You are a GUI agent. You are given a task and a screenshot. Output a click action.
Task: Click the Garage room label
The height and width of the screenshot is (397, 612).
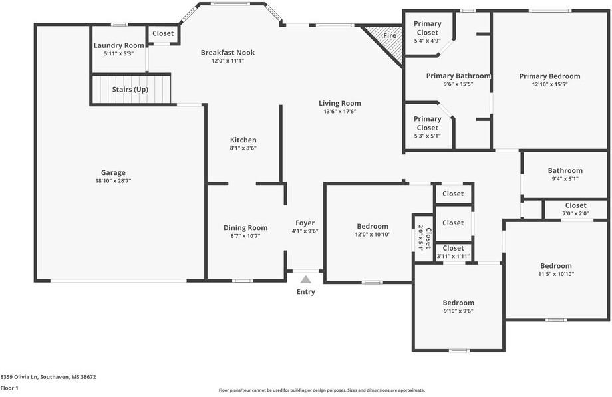pyautogui.click(x=113, y=172)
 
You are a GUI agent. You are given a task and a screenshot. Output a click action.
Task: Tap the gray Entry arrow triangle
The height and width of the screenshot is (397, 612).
pyautogui.click(x=305, y=279)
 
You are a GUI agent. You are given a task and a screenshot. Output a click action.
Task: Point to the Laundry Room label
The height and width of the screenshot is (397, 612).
pyautogui.click(x=118, y=45)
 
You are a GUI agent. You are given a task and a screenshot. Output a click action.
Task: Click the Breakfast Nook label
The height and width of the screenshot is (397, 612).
pyautogui.click(x=228, y=53)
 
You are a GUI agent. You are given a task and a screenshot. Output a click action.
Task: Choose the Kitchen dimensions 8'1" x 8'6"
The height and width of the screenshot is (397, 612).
pyautogui.click(x=243, y=148)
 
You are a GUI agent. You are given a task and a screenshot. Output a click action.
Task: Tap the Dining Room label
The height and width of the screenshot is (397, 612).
pyautogui.click(x=245, y=228)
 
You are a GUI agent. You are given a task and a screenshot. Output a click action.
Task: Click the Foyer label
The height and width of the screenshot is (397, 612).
pyautogui.click(x=305, y=223)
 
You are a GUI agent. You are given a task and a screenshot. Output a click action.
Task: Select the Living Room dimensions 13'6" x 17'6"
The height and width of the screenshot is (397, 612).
pyautogui.click(x=339, y=112)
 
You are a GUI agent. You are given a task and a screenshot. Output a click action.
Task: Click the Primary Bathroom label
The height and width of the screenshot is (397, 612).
pyautogui.click(x=458, y=76)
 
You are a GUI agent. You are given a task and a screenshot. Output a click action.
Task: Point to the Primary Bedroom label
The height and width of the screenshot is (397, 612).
pyautogui.click(x=549, y=76)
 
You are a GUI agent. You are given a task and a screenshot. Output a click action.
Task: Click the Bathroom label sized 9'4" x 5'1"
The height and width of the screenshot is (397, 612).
pyautogui.click(x=565, y=170)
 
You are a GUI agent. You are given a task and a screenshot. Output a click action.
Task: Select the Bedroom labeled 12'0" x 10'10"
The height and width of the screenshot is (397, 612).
pyautogui.click(x=373, y=227)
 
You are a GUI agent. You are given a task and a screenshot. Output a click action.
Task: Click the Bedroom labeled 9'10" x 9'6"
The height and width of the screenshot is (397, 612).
pyautogui.click(x=458, y=303)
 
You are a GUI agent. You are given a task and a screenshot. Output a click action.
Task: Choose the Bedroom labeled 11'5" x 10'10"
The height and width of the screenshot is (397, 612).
pyautogui.click(x=555, y=266)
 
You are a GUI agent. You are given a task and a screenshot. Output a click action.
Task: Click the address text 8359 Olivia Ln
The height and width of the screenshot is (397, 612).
pyautogui.click(x=48, y=376)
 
